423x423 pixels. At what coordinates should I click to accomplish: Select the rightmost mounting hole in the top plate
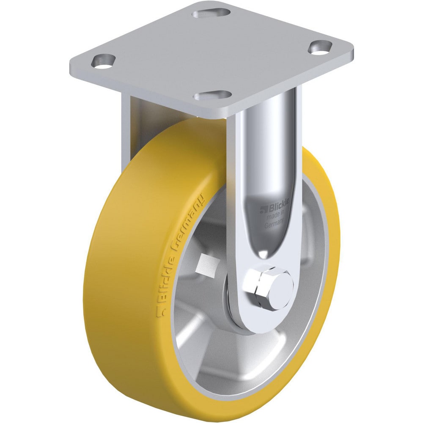320,47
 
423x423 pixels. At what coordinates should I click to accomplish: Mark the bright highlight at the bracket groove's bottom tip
263,254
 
